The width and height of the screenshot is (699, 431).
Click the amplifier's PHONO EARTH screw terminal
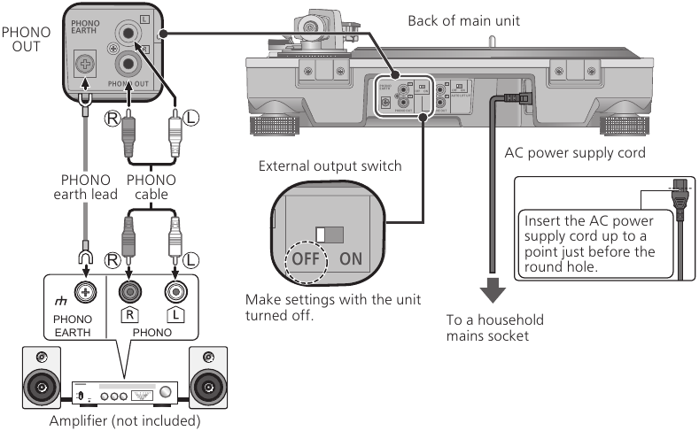pos(87,289)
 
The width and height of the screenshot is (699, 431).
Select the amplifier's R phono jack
pos(129,289)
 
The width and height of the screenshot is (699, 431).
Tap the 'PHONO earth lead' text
pos(86,186)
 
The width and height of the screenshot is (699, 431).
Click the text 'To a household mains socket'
pos(495,327)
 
